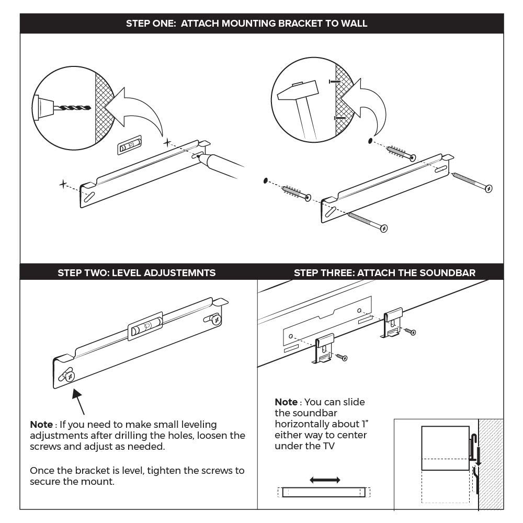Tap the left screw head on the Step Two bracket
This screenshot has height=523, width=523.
click(69, 376)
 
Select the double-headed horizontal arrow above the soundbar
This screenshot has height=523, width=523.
click(325, 480)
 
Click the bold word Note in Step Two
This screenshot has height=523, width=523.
click(41, 425)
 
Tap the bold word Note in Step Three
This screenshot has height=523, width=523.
click(286, 402)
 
